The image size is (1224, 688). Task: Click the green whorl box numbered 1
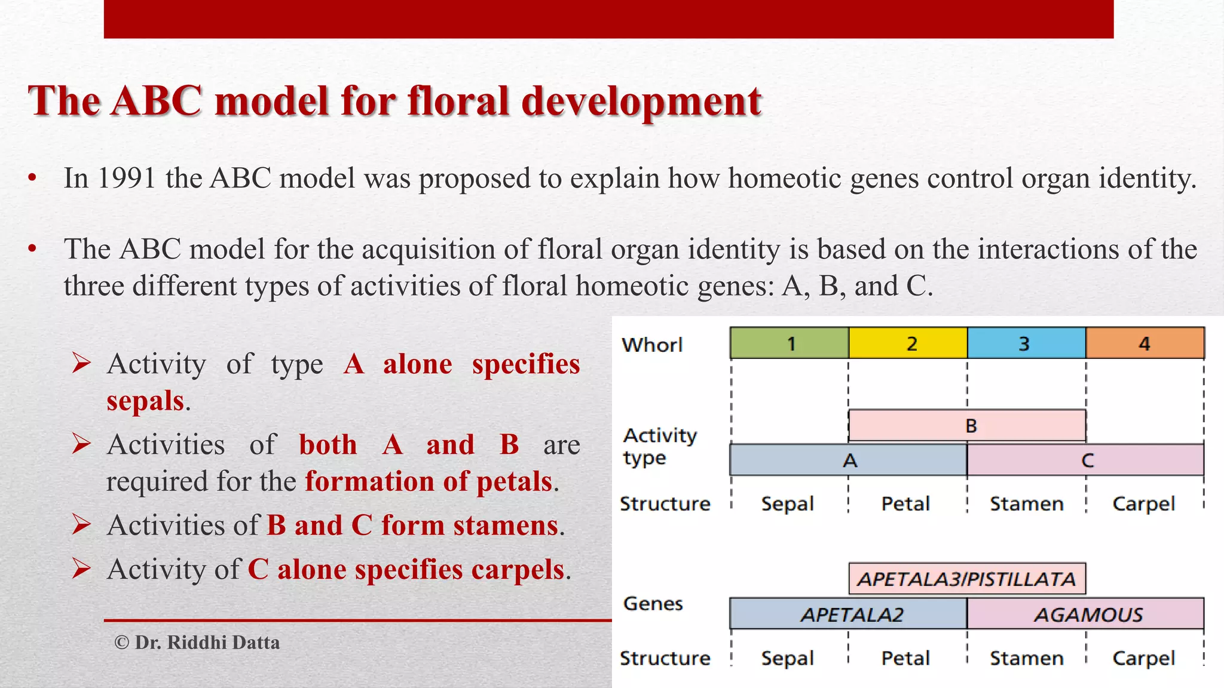790,343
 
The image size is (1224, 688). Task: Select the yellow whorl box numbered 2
908,343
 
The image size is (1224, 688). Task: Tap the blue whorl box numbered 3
1026,343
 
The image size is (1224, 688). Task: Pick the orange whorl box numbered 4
1145,343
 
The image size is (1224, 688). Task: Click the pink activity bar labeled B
967,426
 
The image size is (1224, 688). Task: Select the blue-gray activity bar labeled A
849,460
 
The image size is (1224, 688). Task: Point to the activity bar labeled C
1085,460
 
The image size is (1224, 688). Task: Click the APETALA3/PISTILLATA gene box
967,579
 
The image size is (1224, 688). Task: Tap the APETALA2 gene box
849,614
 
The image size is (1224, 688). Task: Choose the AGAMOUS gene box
1085,614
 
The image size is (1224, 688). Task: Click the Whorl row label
651,345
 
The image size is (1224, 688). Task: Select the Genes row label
653,604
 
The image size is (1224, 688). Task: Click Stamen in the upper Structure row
1026,504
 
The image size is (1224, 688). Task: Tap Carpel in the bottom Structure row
1143,658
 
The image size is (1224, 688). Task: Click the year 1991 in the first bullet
126,179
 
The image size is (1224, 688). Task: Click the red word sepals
145,401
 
